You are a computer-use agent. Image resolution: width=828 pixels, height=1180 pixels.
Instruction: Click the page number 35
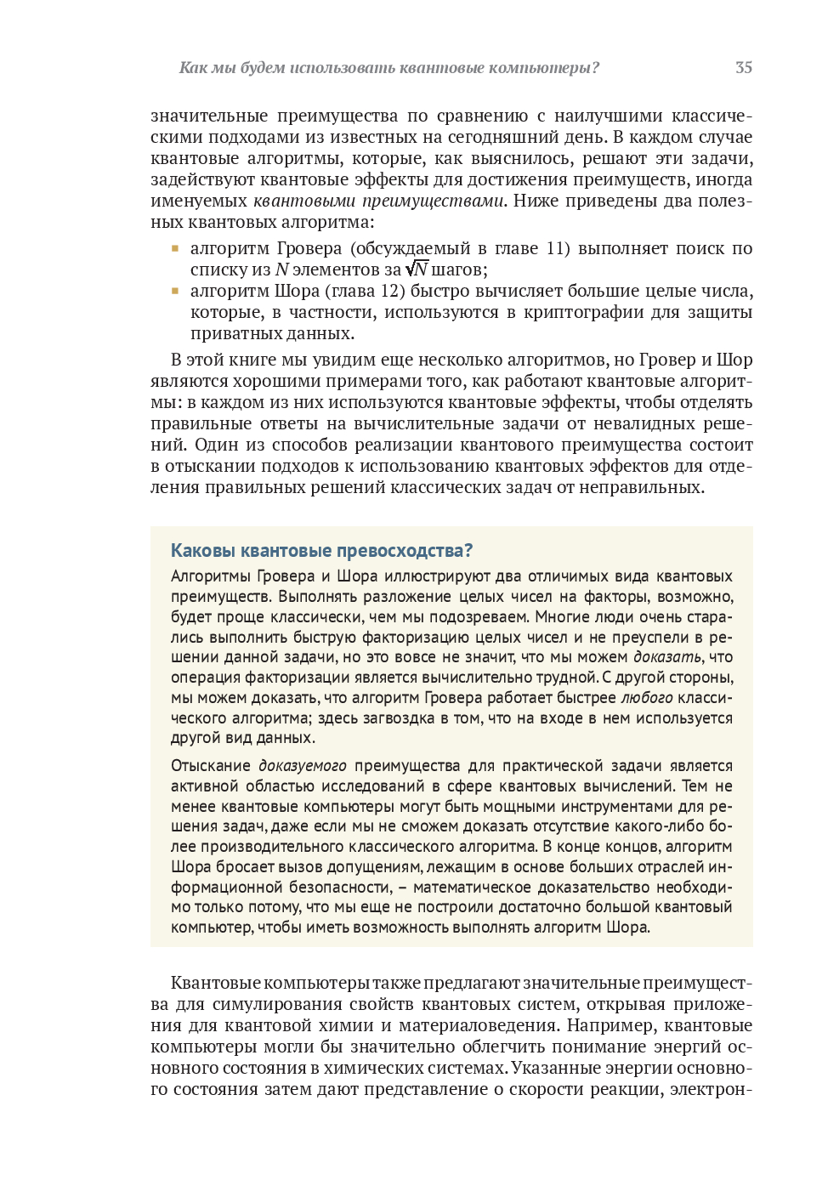coord(743,68)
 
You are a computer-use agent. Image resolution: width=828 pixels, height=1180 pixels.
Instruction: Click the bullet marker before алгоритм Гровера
coord(175,248)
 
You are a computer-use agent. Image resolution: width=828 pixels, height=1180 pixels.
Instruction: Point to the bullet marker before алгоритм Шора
coord(175,291)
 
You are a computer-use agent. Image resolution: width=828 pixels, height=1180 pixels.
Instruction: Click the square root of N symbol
coord(417,269)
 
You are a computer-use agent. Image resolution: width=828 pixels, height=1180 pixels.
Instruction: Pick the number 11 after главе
coord(557,248)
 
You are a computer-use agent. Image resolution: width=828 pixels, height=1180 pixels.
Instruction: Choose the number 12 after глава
coord(391,291)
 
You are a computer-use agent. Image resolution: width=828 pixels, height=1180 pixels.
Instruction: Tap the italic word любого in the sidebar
coord(646,698)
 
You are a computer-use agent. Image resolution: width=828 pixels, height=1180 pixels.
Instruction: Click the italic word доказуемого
coord(303,766)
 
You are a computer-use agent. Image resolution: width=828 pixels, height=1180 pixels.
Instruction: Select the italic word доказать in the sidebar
coord(666,657)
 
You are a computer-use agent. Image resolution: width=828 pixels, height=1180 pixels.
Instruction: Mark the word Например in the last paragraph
coord(610,1025)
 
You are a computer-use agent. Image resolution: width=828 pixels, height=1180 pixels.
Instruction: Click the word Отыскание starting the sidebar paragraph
coord(211,766)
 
